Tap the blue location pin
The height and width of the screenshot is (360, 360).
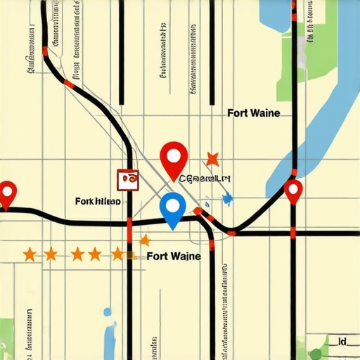click(173, 208)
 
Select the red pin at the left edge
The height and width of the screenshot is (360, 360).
click(8, 191)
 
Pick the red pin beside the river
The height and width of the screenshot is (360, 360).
click(293, 189)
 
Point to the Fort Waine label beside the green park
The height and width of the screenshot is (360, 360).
click(253, 112)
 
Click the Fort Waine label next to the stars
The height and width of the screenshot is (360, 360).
click(174, 256)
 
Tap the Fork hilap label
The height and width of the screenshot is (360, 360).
click(97, 202)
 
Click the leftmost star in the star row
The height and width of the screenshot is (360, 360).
click(30, 253)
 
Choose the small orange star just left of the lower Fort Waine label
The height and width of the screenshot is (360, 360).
click(144, 240)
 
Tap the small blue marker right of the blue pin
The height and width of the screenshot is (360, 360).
click(226, 200)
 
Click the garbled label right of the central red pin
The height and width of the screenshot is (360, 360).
click(205, 179)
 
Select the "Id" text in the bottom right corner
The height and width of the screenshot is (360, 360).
click(342, 342)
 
